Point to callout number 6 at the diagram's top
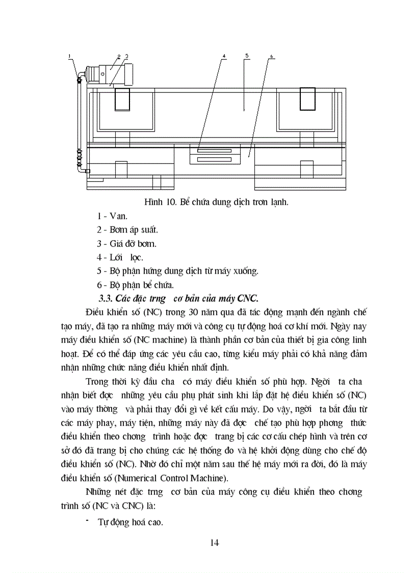coord(271,56)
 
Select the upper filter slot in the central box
coord(214,151)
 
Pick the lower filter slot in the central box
coord(214,160)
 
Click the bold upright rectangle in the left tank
coord(122,99)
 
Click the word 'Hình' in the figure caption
coord(153,202)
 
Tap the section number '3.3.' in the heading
coord(106,298)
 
